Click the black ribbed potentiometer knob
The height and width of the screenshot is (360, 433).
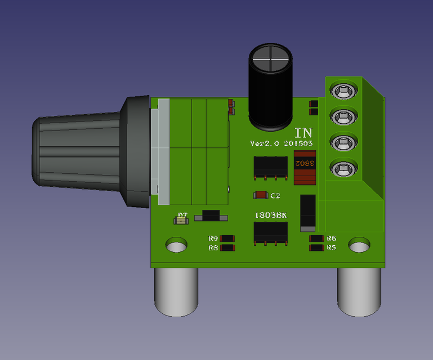point(79,150)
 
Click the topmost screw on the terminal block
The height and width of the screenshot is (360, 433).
point(343,91)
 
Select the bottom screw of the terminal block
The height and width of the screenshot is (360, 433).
point(343,168)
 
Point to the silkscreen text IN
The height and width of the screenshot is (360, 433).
point(303,133)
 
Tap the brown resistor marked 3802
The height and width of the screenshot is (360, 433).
point(305,167)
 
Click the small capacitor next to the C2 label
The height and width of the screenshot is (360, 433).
point(261,195)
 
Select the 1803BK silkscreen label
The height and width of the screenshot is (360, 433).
point(270,215)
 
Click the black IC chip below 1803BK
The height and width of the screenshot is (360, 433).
point(270,232)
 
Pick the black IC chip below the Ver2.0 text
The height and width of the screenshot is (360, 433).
point(270,166)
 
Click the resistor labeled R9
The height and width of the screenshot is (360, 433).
point(228,238)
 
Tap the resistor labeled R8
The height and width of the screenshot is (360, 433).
point(228,247)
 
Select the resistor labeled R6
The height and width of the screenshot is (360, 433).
point(317,238)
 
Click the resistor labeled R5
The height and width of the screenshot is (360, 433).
point(317,247)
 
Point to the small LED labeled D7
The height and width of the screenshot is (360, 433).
point(181,220)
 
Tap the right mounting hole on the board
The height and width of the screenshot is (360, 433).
point(359,245)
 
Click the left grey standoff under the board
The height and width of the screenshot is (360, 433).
point(176,291)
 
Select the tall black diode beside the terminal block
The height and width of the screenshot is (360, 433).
point(307,213)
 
